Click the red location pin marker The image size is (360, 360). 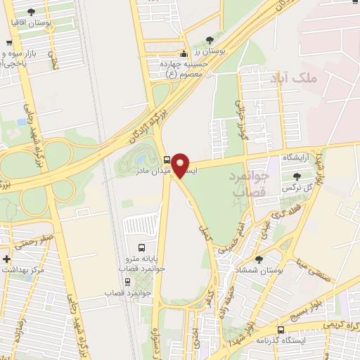[183, 165]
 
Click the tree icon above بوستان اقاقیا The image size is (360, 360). [31, 11]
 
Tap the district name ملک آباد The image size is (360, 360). [318, 78]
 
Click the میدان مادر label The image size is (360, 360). [149, 171]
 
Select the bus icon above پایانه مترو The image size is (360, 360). [142, 247]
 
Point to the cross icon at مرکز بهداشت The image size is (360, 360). [7, 259]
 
